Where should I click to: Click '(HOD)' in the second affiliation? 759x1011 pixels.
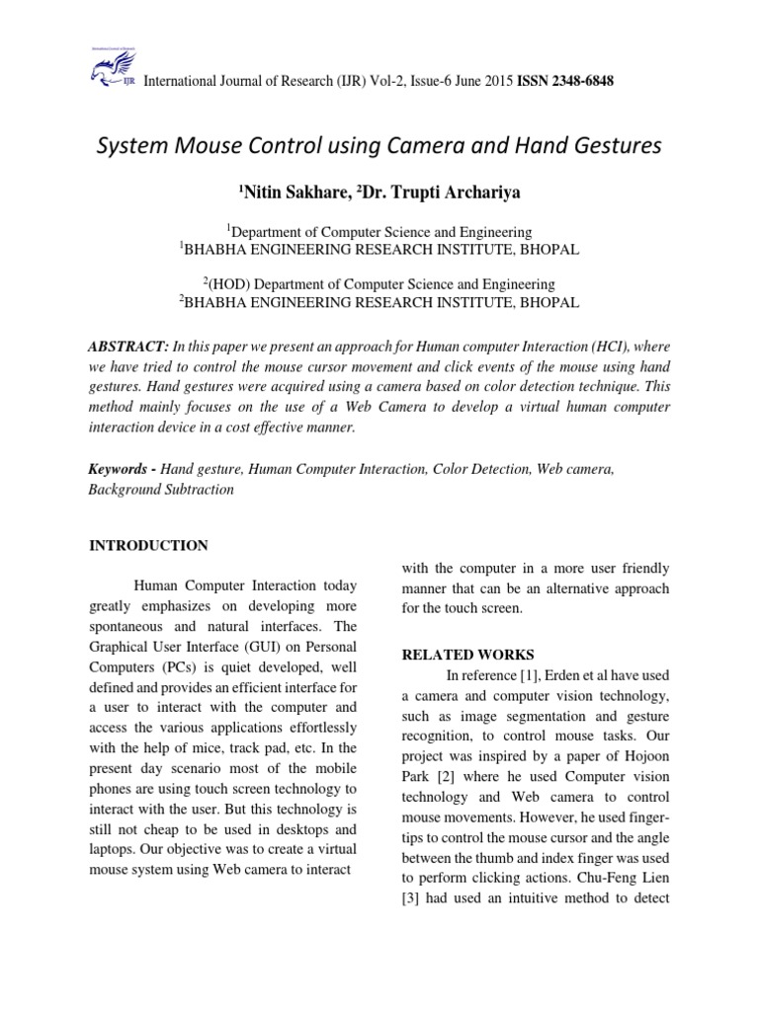[x=230, y=284]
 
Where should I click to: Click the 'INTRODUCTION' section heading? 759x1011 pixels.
[x=148, y=546]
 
